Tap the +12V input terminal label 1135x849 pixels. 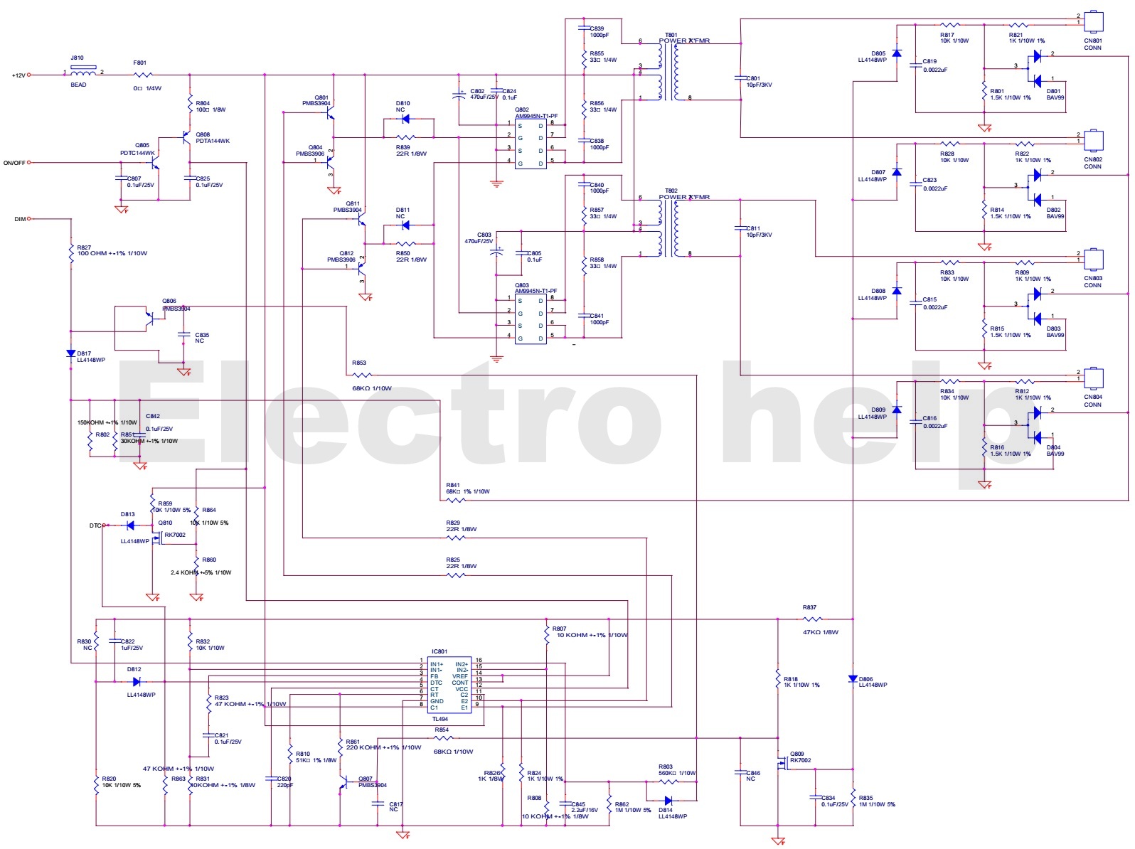click(18, 75)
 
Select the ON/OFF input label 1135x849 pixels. click(14, 163)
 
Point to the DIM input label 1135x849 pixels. click(19, 219)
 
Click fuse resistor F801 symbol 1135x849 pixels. click(143, 74)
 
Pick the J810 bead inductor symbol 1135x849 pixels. click(83, 72)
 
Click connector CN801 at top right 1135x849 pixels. click(1094, 22)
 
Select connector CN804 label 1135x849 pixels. click(1092, 400)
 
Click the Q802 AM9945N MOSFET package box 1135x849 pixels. click(530, 144)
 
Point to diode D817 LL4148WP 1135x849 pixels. click(70, 353)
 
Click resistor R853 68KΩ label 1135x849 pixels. click(371, 388)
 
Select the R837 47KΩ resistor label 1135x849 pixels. click(820, 632)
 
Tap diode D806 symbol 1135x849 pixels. click(853, 679)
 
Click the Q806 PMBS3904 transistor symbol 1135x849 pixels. click(149, 319)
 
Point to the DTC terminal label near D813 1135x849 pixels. click(95, 525)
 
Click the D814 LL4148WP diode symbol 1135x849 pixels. click(668, 801)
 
